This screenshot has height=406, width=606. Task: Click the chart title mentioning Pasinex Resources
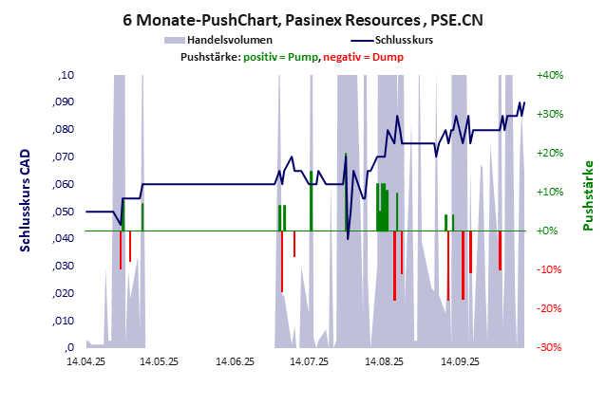click(303, 18)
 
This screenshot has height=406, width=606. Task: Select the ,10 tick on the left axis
click(66, 74)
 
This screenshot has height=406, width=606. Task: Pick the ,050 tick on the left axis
click(63, 211)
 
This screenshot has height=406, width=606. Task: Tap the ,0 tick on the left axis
click(68, 347)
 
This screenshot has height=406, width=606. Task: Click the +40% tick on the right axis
click(551, 74)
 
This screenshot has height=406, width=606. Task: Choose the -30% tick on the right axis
click(551, 347)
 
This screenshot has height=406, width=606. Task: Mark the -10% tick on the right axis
click(551, 269)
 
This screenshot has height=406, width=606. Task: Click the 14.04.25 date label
click(85, 361)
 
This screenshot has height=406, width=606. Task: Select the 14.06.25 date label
click(235, 361)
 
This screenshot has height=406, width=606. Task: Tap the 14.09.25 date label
click(459, 361)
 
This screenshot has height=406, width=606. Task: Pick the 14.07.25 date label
click(310, 361)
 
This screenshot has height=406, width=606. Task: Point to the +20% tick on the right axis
click(551, 153)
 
